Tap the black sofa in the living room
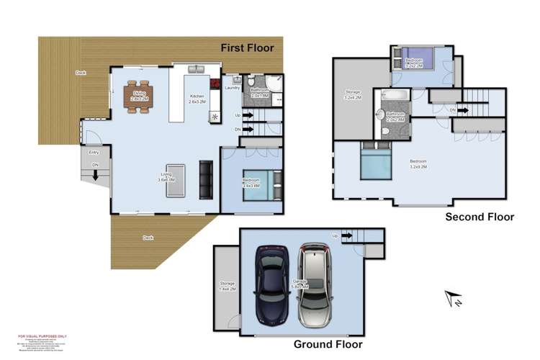pos(206,179)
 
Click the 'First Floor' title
pos(248,48)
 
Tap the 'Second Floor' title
pos(480,216)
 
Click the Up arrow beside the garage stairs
pos(336,235)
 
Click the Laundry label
pos(232,88)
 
